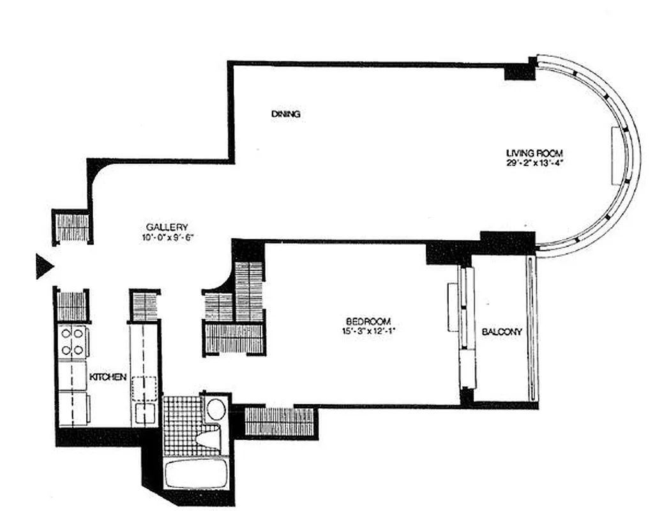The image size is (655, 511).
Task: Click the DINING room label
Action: (285, 114)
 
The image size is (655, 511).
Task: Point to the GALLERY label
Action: (167, 227)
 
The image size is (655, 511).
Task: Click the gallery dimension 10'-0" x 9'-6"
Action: (167, 236)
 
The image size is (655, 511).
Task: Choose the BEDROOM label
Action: (368, 321)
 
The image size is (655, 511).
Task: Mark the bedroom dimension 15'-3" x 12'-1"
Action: (368, 330)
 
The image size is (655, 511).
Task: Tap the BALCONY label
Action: (502, 332)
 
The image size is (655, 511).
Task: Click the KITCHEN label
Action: (107, 377)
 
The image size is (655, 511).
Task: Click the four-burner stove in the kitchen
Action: (72, 341)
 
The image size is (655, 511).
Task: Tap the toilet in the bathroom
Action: (209, 438)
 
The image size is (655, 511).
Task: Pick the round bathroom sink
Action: (216, 408)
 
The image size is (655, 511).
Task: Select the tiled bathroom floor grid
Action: (181, 425)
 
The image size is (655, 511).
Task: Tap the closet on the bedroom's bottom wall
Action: (280, 422)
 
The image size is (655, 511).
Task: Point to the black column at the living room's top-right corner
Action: (519, 70)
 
